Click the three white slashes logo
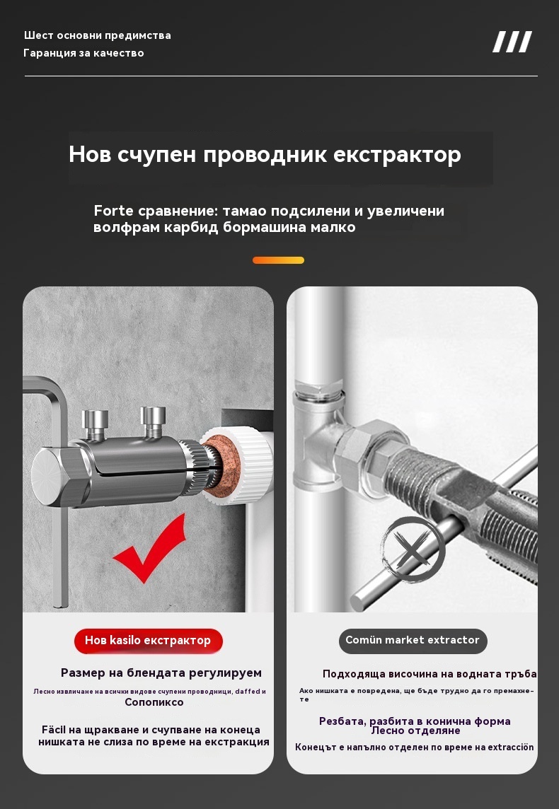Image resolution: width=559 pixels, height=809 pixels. (x=512, y=42)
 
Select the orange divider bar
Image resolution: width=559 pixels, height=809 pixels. (x=278, y=260)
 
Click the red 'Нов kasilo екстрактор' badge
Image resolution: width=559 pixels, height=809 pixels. (x=148, y=641)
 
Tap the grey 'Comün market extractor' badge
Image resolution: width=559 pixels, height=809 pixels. (x=413, y=641)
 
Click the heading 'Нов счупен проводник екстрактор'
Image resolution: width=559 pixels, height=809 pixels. (x=265, y=154)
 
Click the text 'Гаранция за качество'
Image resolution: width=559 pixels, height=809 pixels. (x=83, y=53)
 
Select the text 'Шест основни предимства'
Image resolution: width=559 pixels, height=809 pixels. (x=97, y=35)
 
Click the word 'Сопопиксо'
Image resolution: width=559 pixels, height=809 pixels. (x=154, y=702)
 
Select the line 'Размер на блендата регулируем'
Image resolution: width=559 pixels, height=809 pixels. (x=161, y=673)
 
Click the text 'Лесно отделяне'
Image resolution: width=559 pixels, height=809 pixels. (x=415, y=731)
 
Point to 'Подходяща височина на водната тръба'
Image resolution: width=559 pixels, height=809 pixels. (x=430, y=674)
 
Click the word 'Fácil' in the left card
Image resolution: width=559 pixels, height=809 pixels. (x=54, y=730)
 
